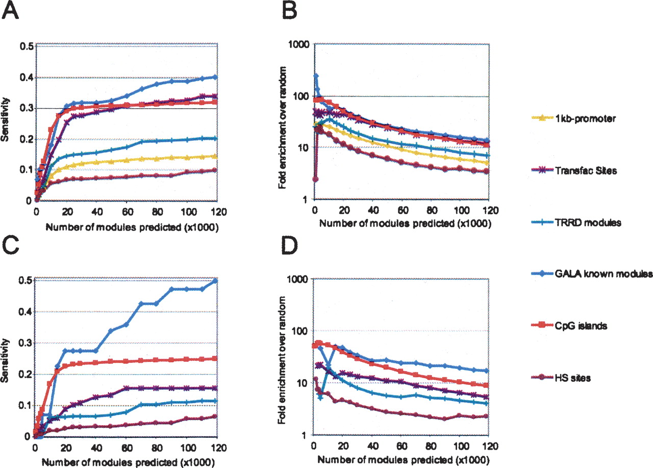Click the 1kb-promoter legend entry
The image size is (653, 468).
pos(580,119)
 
